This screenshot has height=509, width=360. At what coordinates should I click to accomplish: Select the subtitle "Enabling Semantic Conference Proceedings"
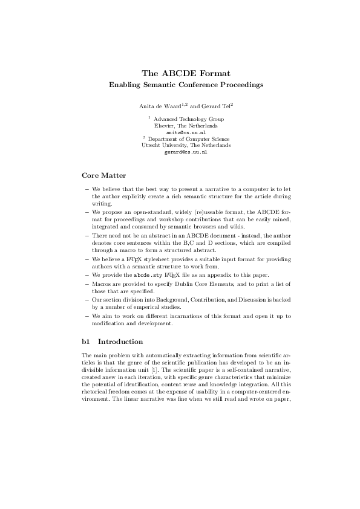pyautogui.click(x=186, y=85)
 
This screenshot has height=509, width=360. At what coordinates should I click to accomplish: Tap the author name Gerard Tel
pyautogui.click(x=214, y=106)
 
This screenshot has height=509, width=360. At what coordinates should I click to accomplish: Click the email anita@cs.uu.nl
pyautogui.click(x=186, y=132)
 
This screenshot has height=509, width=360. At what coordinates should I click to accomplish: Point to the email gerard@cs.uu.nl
pyautogui.click(x=186, y=152)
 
